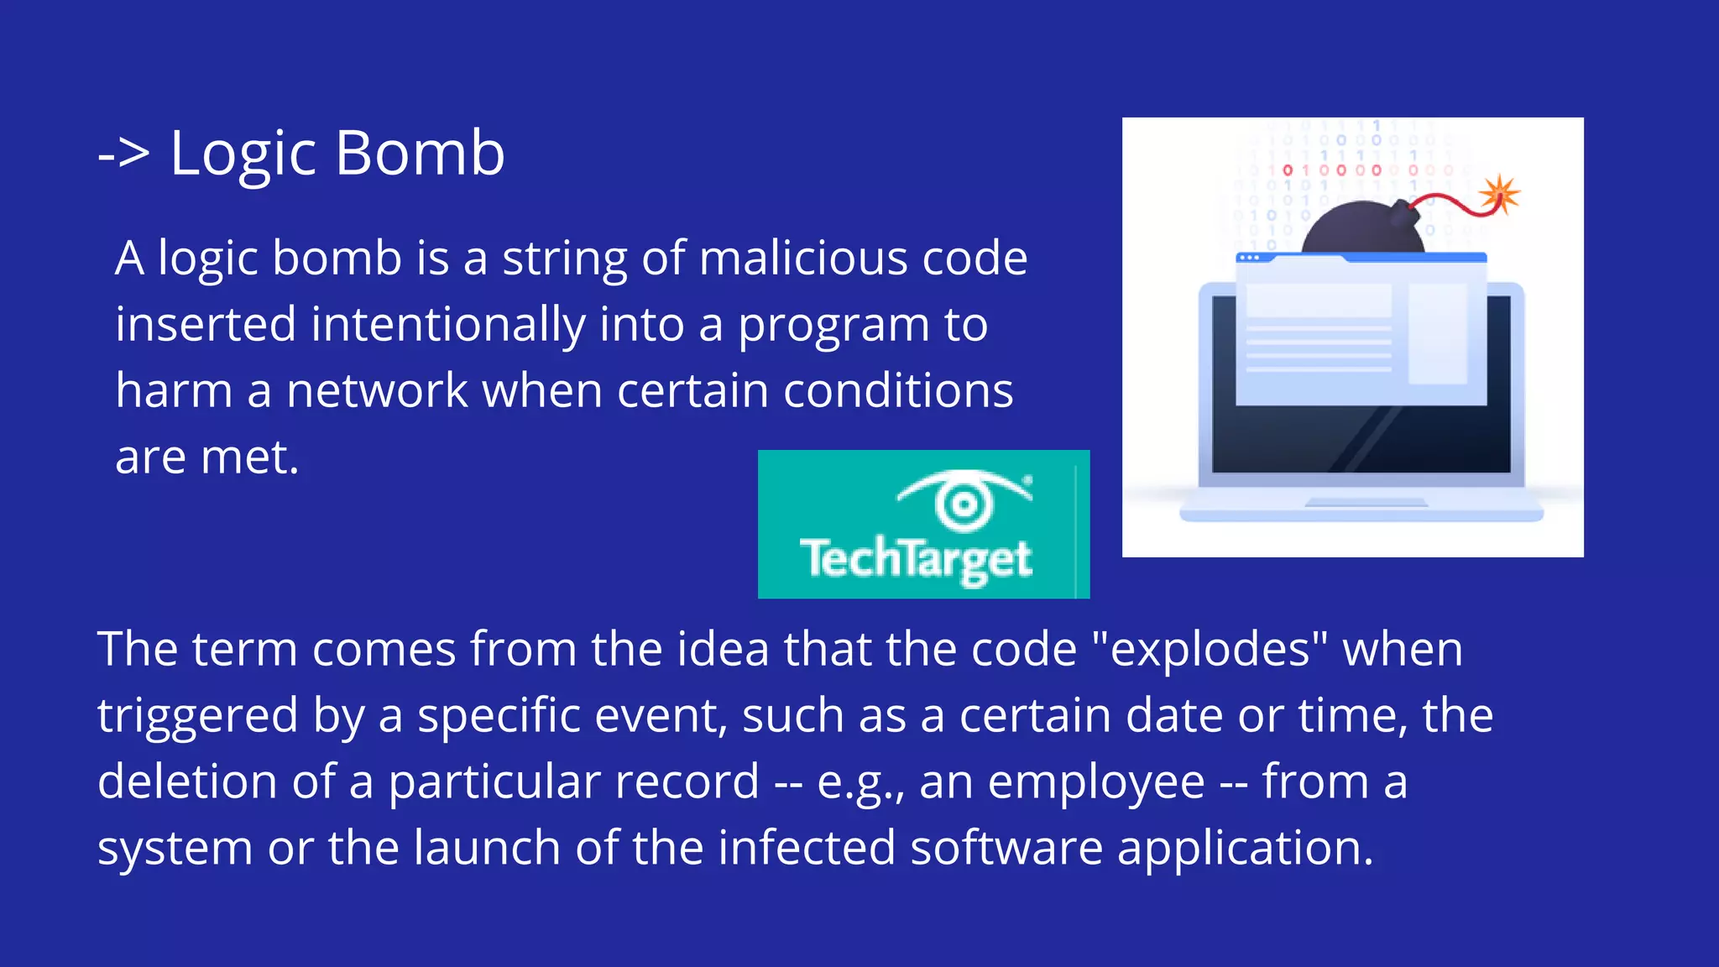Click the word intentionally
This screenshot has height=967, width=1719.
coord(447,325)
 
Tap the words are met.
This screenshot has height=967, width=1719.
coord(206,457)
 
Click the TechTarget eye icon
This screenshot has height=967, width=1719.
coord(964,501)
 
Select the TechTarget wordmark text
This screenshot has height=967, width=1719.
coord(915,559)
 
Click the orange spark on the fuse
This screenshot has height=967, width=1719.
coord(1499,195)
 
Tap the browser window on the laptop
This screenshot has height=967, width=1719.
coord(1361,332)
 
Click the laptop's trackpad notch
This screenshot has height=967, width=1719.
coord(1366,503)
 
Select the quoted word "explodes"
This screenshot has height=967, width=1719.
coord(1210,650)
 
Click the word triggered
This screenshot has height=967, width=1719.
coord(197,717)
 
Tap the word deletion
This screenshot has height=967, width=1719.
coord(186,782)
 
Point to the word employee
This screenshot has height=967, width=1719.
coord(1096,782)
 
